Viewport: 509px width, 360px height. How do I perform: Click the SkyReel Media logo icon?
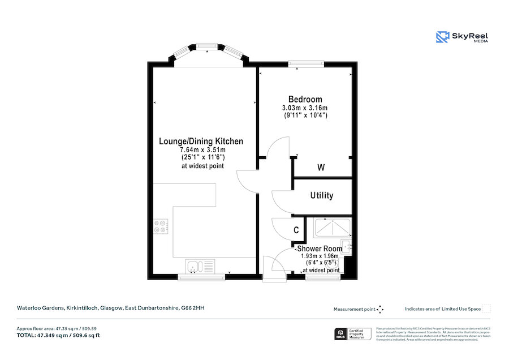point(442,37)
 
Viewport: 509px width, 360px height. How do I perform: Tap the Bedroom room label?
point(305,99)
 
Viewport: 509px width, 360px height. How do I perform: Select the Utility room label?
point(322,195)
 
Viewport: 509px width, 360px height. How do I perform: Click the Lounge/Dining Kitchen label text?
point(201,142)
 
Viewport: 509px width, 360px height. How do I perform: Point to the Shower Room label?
point(320,248)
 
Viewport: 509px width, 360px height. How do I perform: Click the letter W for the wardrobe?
point(321,168)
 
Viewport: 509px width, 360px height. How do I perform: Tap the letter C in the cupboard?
point(296,230)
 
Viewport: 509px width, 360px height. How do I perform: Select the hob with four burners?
point(160,226)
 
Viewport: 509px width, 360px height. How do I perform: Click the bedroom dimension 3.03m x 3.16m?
point(305,108)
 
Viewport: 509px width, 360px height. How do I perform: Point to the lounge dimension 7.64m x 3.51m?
point(202,150)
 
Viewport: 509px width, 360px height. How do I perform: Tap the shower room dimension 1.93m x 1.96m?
point(320,256)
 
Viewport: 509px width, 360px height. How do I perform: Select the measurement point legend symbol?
point(380,309)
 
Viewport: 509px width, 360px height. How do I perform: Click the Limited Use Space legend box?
point(486,308)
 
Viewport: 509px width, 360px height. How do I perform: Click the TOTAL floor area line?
point(58,336)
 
